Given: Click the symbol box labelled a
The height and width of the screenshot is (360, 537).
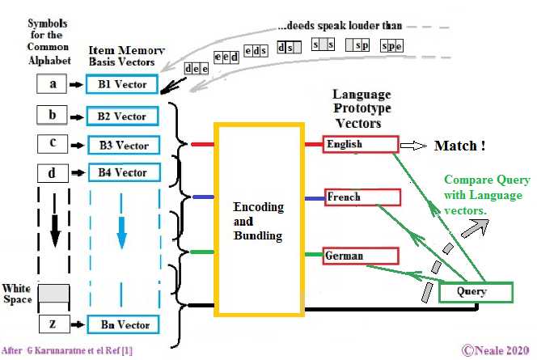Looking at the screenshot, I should coord(53,83).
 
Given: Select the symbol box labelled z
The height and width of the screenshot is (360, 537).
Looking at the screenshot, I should coord(53,324).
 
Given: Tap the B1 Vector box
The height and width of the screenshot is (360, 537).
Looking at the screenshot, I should coord(121,84).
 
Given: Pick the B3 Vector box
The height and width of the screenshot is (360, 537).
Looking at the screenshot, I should coord(121,145).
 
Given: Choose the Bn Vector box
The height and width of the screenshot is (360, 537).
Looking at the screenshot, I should coord(122,324).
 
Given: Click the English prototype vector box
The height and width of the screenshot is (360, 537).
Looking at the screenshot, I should coord(360,144).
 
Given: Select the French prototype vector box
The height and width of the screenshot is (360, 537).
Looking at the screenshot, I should coord(360,197).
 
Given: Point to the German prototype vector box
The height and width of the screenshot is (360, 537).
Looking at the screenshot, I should coord(360,256).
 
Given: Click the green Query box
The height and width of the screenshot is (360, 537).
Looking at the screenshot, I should coord(476,291).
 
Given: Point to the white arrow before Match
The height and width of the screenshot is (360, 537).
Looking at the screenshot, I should coord(414,146).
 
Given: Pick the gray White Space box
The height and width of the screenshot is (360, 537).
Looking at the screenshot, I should coord(53,293).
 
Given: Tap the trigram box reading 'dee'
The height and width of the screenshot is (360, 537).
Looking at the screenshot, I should coord(196,69).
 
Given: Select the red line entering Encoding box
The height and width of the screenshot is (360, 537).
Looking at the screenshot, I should coord(201,145).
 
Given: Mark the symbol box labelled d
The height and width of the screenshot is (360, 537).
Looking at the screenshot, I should coord(53,173).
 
